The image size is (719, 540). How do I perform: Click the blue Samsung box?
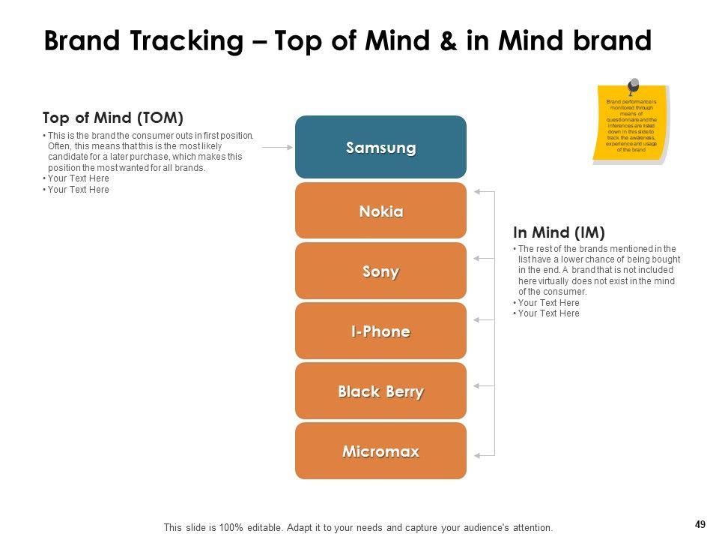click(380, 147)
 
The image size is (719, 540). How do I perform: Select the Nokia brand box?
click(380, 211)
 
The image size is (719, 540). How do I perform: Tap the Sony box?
click(380, 271)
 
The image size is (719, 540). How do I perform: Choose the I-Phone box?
click(380, 331)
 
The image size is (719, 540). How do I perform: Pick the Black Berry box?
click(380, 391)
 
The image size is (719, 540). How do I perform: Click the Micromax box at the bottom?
click(380, 451)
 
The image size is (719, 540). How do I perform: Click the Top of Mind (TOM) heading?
click(113, 118)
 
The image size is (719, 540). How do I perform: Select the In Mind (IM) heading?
click(559, 232)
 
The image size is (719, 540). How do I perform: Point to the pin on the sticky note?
click(633, 86)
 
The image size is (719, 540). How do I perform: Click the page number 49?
click(700, 525)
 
